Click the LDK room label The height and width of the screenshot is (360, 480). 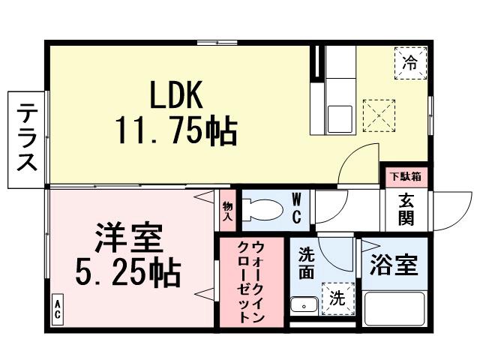[177, 95]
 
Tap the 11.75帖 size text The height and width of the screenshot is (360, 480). [176, 132]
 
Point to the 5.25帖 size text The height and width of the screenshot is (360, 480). [128, 274]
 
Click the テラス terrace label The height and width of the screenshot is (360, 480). [28, 140]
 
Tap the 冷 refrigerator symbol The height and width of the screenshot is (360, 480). [410, 62]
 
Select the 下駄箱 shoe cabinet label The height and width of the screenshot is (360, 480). [404, 177]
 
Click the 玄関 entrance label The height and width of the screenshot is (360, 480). [406, 211]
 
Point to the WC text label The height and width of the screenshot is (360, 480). [296, 208]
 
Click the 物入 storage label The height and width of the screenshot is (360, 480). [228, 211]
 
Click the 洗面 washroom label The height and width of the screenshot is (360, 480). [306, 262]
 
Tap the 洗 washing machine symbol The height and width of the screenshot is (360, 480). [337, 297]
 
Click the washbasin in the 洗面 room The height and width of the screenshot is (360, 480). [304, 305]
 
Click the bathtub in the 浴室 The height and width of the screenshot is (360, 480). [394, 309]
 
